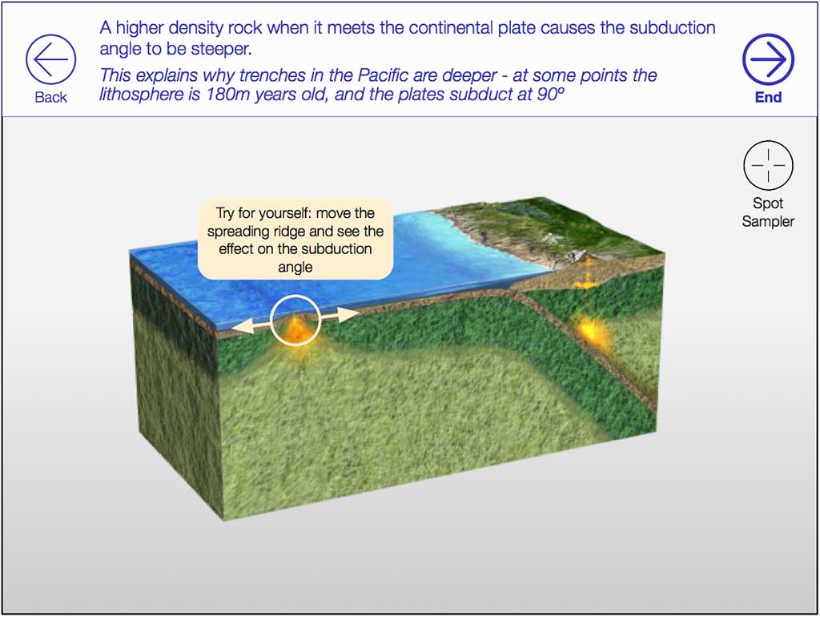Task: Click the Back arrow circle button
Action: pos(50,59)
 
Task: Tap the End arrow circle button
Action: pos(768,59)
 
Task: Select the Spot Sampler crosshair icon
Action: pos(768,165)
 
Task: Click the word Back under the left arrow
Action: pos(50,97)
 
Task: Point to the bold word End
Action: pos(768,97)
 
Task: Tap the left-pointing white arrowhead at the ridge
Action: pos(242,327)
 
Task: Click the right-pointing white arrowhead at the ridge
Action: pos(349,315)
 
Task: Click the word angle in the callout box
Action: pos(295,267)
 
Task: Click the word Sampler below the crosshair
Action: pos(768,221)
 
